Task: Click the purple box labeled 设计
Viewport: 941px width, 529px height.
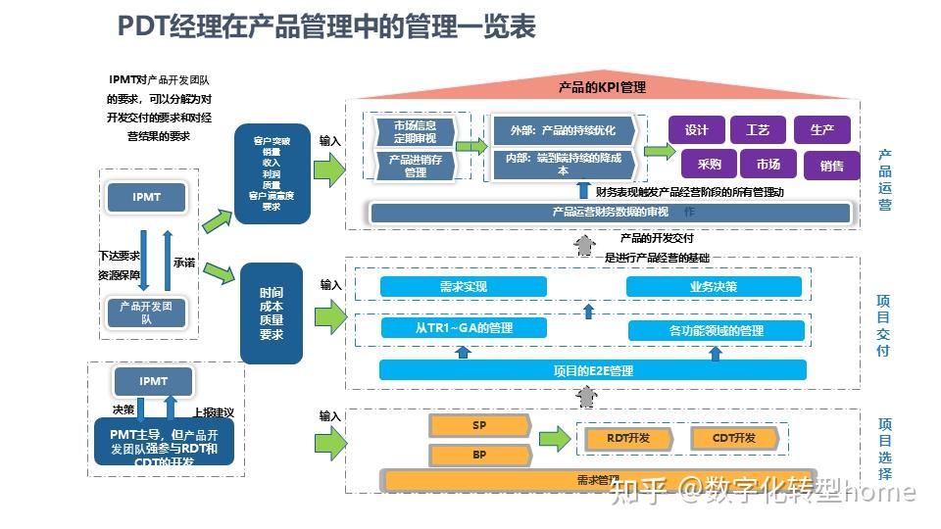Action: (x=697, y=130)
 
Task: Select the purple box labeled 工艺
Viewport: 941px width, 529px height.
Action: (x=758, y=130)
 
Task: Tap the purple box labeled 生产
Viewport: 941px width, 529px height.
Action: (x=821, y=130)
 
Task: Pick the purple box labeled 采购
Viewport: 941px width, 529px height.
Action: (x=709, y=165)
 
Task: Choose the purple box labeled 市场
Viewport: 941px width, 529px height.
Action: (x=768, y=165)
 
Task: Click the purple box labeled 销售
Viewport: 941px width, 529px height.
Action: (x=831, y=166)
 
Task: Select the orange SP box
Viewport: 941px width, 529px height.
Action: (x=479, y=425)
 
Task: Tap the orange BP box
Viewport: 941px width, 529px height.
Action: (x=479, y=456)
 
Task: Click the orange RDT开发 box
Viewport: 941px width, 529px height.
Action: (x=627, y=438)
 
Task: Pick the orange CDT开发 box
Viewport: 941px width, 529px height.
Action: (x=733, y=438)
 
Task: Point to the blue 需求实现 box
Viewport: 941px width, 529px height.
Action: (x=463, y=287)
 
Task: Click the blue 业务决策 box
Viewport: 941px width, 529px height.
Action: (x=714, y=287)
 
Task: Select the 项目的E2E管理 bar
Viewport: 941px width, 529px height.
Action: (x=592, y=370)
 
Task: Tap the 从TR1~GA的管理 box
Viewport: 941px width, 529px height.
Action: (x=463, y=328)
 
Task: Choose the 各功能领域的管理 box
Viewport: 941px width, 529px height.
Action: (x=716, y=330)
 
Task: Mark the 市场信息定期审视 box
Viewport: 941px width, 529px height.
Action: (x=416, y=132)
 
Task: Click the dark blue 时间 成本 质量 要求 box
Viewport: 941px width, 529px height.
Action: (x=271, y=313)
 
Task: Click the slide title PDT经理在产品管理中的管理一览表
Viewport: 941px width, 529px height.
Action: (x=326, y=26)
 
